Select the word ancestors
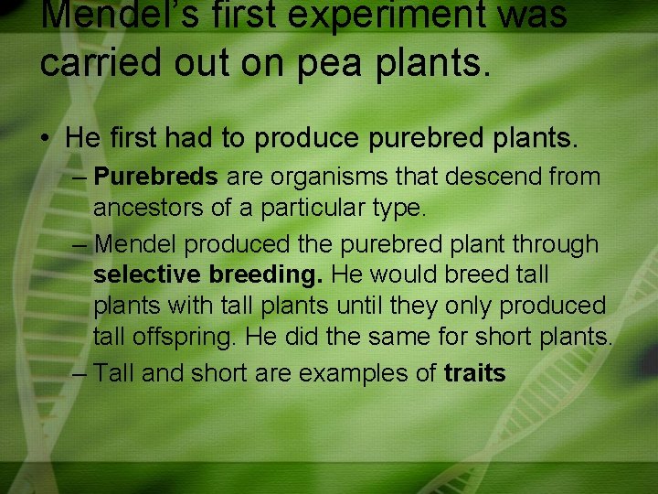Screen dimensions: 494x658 (x=148, y=209)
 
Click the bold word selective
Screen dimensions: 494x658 (x=148, y=274)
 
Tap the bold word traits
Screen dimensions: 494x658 (x=475, y=373)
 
